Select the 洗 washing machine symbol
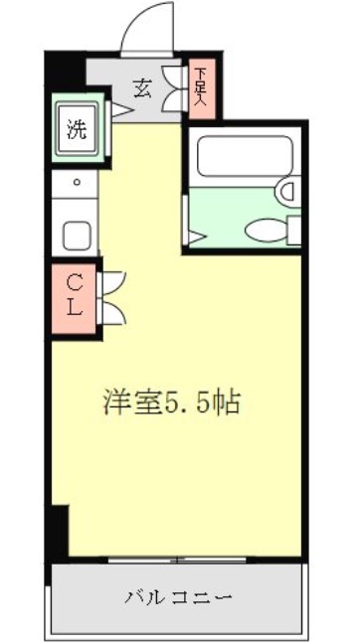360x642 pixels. click(77, 130)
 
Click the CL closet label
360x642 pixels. click(75, 295)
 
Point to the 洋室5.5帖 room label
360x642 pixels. click(171, 402)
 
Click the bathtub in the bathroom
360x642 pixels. click(245, 156)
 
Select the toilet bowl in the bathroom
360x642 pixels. click(267, 230)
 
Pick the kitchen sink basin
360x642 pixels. click(77, 236)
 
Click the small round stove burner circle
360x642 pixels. click(77, 182)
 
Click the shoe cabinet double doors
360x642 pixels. click(173, 88)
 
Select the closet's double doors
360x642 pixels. click(113, 298)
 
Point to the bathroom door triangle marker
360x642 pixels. click(196, 238)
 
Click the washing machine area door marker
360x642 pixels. click(122, 110)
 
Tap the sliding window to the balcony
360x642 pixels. click(177, 560)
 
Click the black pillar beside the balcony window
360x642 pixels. click(59, 533)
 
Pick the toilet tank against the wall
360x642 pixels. click(294, 231)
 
